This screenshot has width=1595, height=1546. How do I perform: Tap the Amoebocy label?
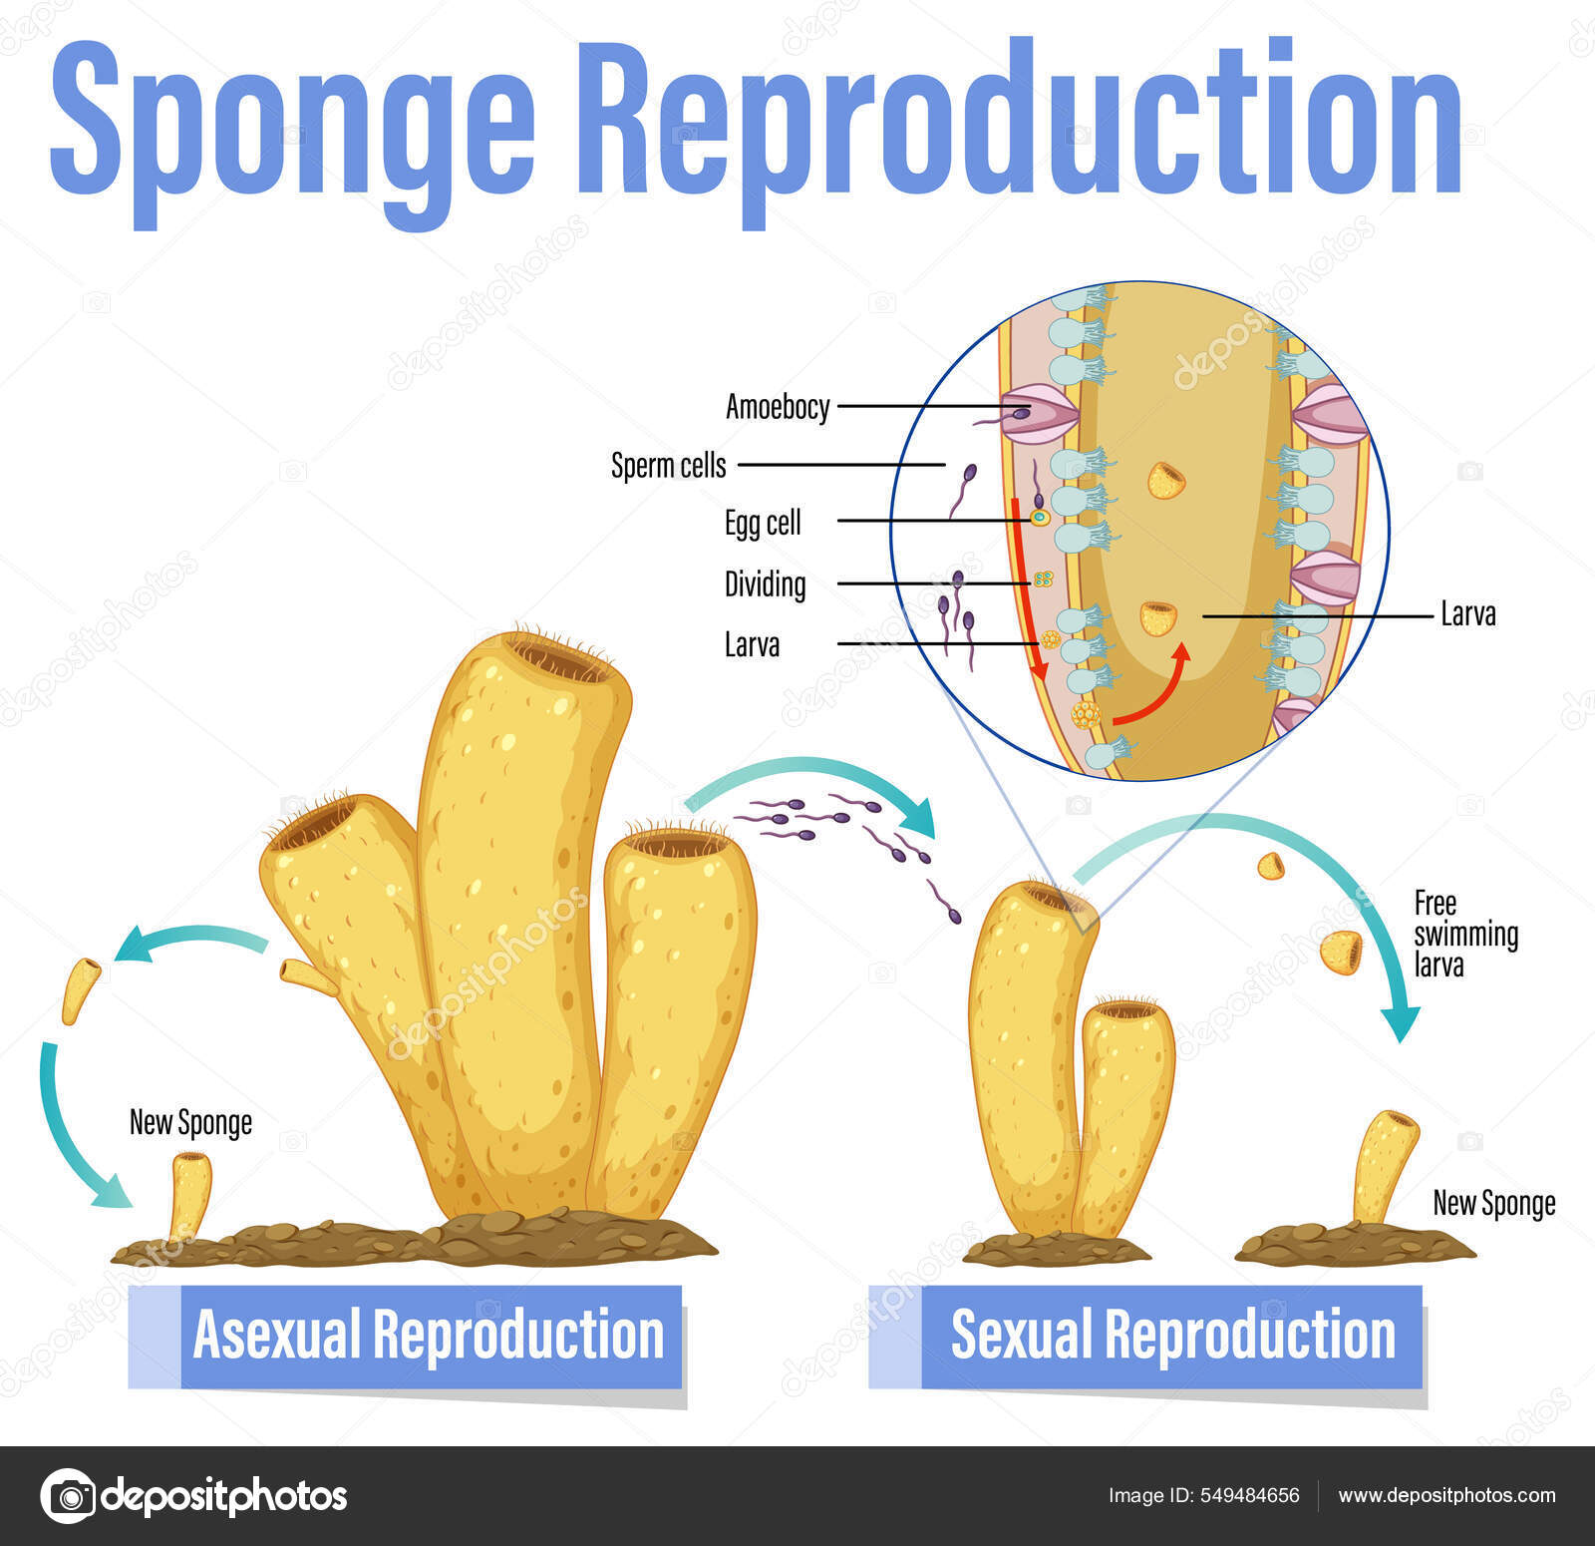click(x=777, y=407)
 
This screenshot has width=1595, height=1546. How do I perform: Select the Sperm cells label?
click(x=668, y=466)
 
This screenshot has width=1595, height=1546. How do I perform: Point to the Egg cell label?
click(x=763, y=523)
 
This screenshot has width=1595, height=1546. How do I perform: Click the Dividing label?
click(x=765, y=584)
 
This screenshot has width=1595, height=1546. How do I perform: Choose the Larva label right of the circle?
click(x=1468, y=614)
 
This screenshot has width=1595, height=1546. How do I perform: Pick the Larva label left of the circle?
click(x=752, y=645)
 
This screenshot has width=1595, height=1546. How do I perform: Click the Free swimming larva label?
click(x=1464, y=934)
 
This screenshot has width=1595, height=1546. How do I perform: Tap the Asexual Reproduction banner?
click(x=429, y=1335)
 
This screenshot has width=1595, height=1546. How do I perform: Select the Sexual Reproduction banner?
click(x=1171, y=1335)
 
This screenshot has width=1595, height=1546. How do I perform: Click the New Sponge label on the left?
click(x=190, y=1123)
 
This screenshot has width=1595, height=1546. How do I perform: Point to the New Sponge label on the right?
click(x=1493, y=1204)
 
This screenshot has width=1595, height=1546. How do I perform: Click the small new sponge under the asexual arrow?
click(x=190, y=1193)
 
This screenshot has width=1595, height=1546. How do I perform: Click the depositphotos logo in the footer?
click(x=194, y=1495)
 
